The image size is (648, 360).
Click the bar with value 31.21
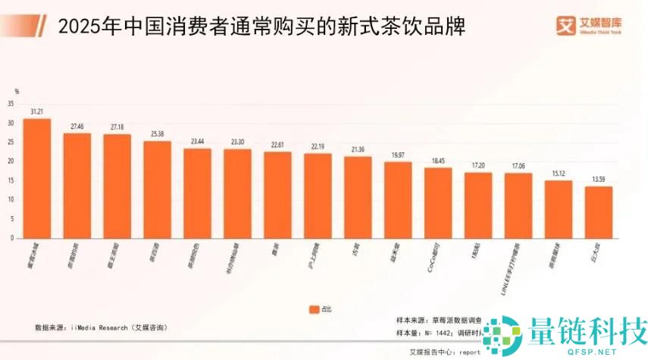coord(37,178)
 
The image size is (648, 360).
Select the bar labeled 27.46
coord(77,186)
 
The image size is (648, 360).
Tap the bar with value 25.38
coord(158,189)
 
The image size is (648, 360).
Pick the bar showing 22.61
coord(277,195)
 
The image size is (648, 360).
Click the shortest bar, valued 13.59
coord(598,212)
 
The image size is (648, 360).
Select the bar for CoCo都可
coord(437,203)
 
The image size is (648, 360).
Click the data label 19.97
coord(397,155)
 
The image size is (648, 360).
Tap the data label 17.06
coord(518,166)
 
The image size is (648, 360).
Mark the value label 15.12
coord(558,173)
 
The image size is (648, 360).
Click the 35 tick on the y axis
coord(11,104)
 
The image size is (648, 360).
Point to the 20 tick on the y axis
coord(11,161)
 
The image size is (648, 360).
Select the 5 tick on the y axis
coord(12,219)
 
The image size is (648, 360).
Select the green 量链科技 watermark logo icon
coord(502,333)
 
